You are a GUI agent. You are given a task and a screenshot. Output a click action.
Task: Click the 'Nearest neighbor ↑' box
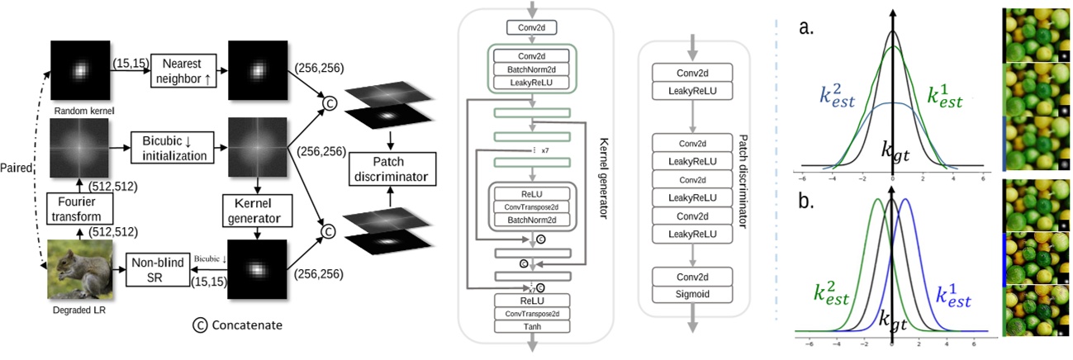point(182,72)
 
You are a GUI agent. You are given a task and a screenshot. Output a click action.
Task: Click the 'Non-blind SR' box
point(159,269)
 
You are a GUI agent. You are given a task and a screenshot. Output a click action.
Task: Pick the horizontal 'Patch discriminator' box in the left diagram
point(392,168)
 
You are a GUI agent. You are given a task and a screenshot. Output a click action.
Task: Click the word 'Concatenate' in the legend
point(247,325)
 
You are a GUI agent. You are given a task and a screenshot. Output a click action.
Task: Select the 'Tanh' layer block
point(532,326)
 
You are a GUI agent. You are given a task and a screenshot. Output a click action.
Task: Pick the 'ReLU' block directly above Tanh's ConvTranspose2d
point(532,298)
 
